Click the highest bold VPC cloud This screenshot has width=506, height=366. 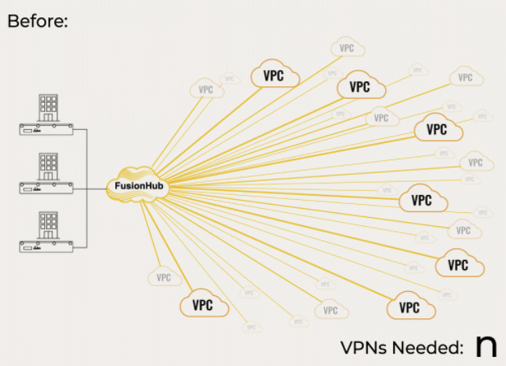(x=274, y=75)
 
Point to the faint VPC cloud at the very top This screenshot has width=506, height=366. (x=346, y=48)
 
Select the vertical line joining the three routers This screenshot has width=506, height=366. (x=87, y=188)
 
